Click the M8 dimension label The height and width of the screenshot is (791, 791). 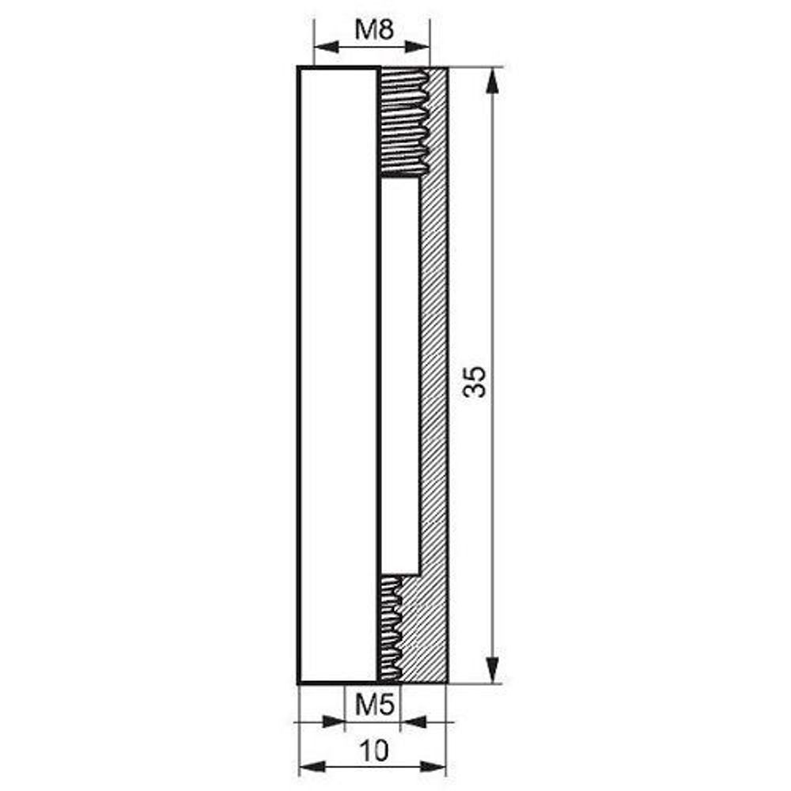point(374,30)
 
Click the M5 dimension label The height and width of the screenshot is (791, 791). point(374,705)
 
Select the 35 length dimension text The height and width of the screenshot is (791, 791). point(475,381)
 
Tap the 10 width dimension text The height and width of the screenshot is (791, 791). point(375,751)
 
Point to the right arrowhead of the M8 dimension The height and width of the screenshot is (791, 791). point(417,47)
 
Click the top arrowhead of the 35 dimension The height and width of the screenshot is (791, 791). point(492,80)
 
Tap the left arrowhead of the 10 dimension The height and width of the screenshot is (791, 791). point(312,767)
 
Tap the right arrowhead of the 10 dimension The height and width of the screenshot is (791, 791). point(433,767)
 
